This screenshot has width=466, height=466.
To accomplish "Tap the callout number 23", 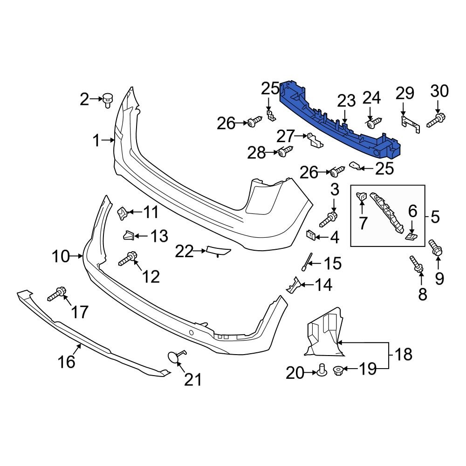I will tap(346, 101).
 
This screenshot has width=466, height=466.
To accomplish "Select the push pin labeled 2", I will tap(108, 99).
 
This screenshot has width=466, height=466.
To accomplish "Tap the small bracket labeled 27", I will tap(316, 140).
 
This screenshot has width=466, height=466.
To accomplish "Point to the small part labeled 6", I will tap(411, 237).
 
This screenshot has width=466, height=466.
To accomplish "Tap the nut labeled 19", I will tap(339, 370).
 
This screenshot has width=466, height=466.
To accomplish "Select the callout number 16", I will tap(67, 361).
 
